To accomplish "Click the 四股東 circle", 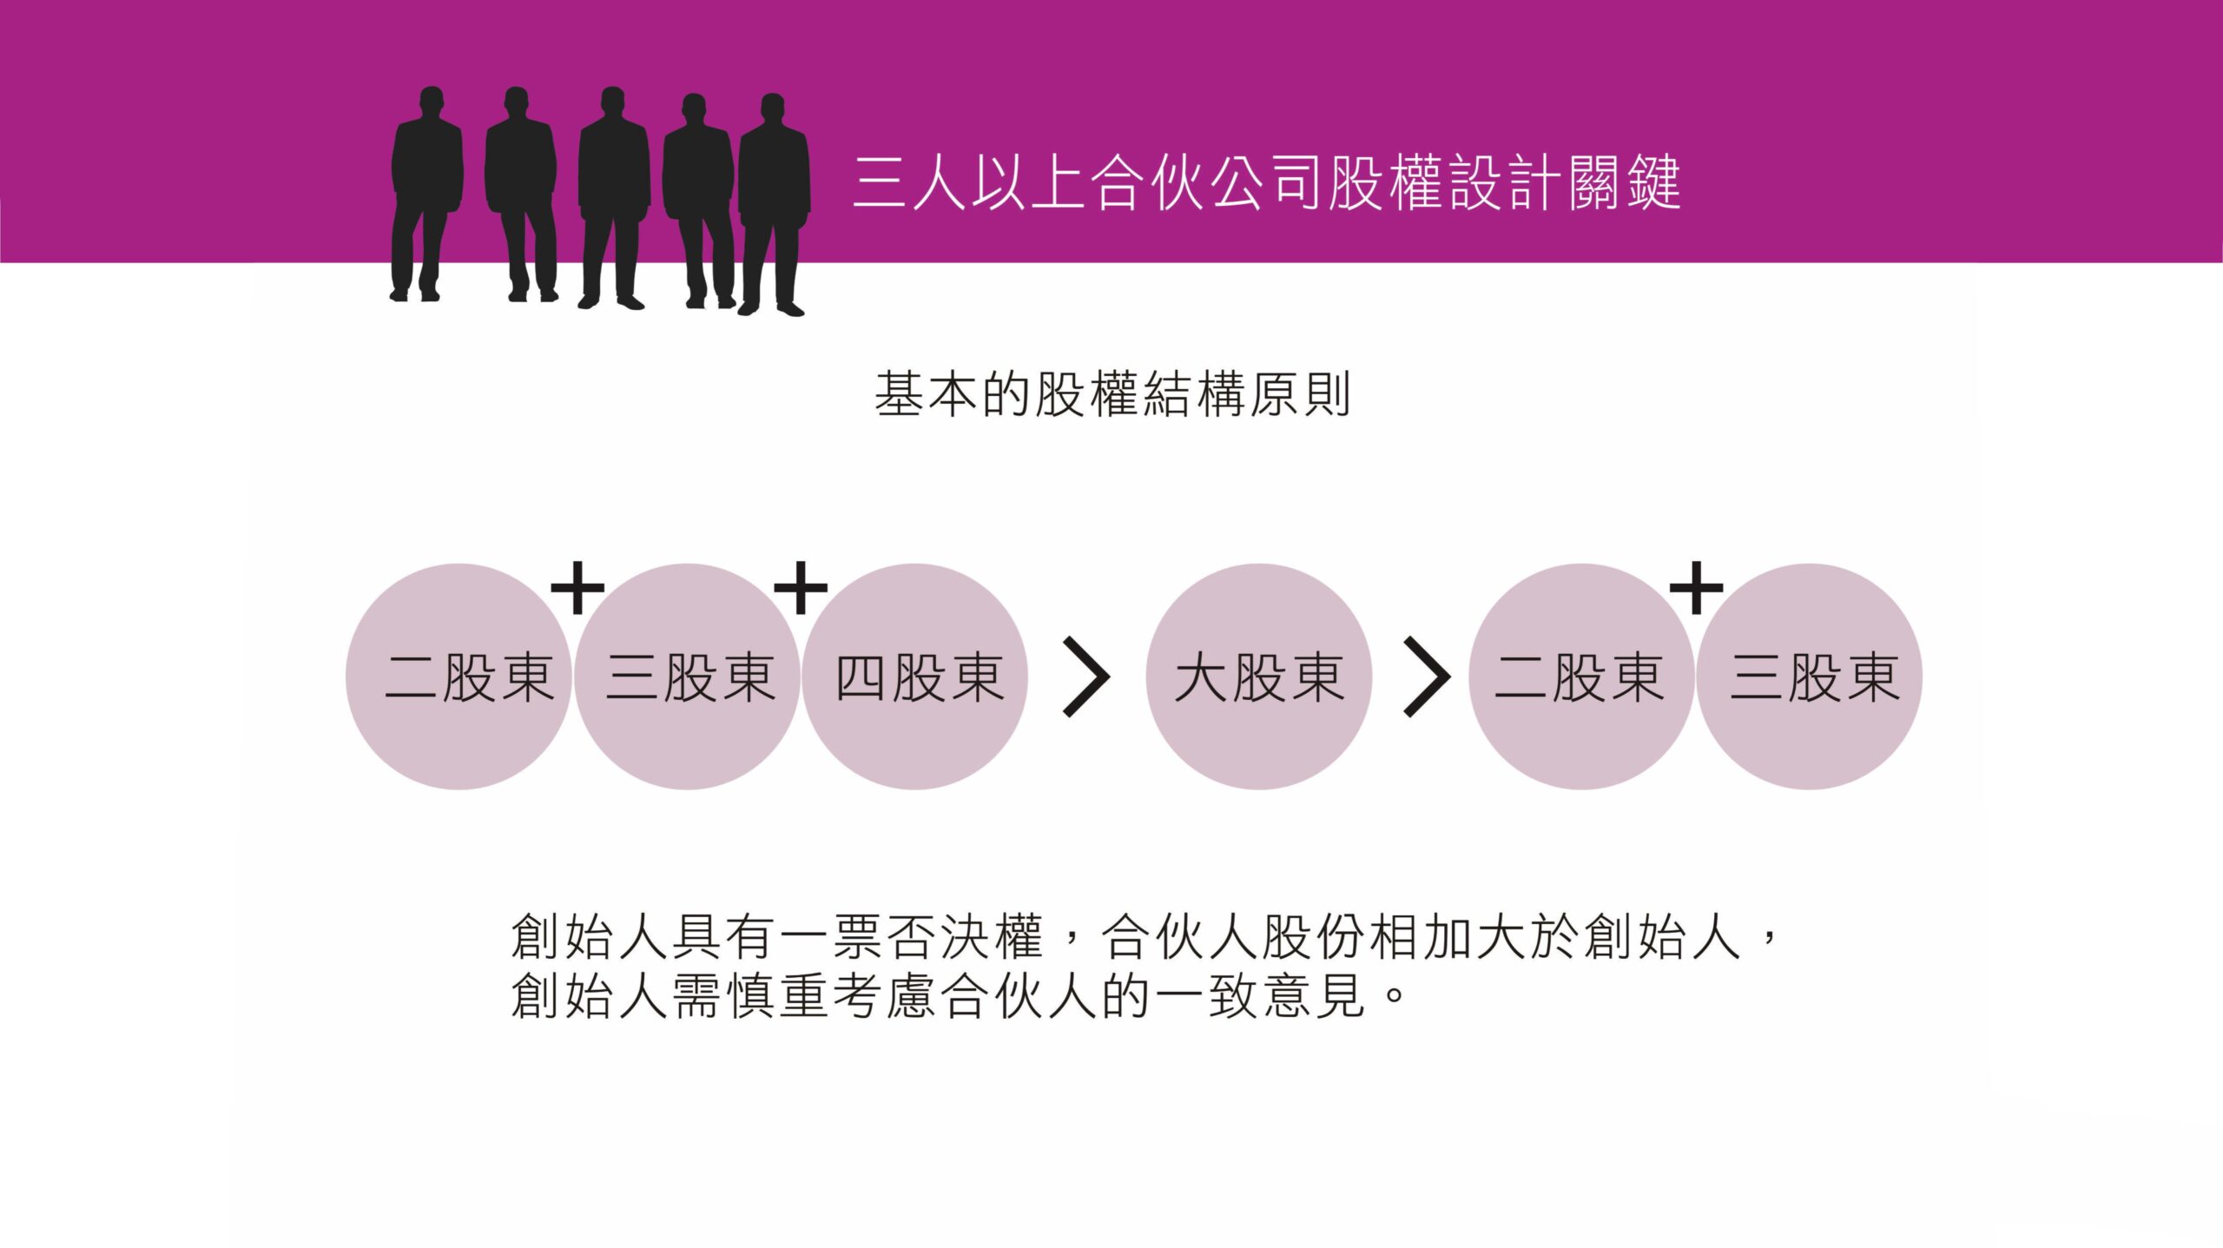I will [x=915, y=677].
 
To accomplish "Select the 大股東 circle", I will [x=1258, y=677].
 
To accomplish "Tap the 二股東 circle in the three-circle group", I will [x=459, y=677].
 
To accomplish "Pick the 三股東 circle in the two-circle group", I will [x=1810, y=677].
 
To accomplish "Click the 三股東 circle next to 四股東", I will [x=687, y=677].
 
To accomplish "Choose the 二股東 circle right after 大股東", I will [x=1581, y=677].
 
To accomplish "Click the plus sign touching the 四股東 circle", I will [x=800, y=588].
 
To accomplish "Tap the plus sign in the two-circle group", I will [x=1696, y=588].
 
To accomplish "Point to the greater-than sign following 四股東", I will [x=1086, y=677].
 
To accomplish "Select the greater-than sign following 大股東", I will [x=1427, y=677].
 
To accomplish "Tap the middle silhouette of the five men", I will [x=613, y=195].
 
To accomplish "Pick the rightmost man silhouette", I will [x=773, y=204].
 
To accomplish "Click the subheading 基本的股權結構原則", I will [x=1111, y=395].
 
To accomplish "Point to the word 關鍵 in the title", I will [x=1624, y=183].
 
